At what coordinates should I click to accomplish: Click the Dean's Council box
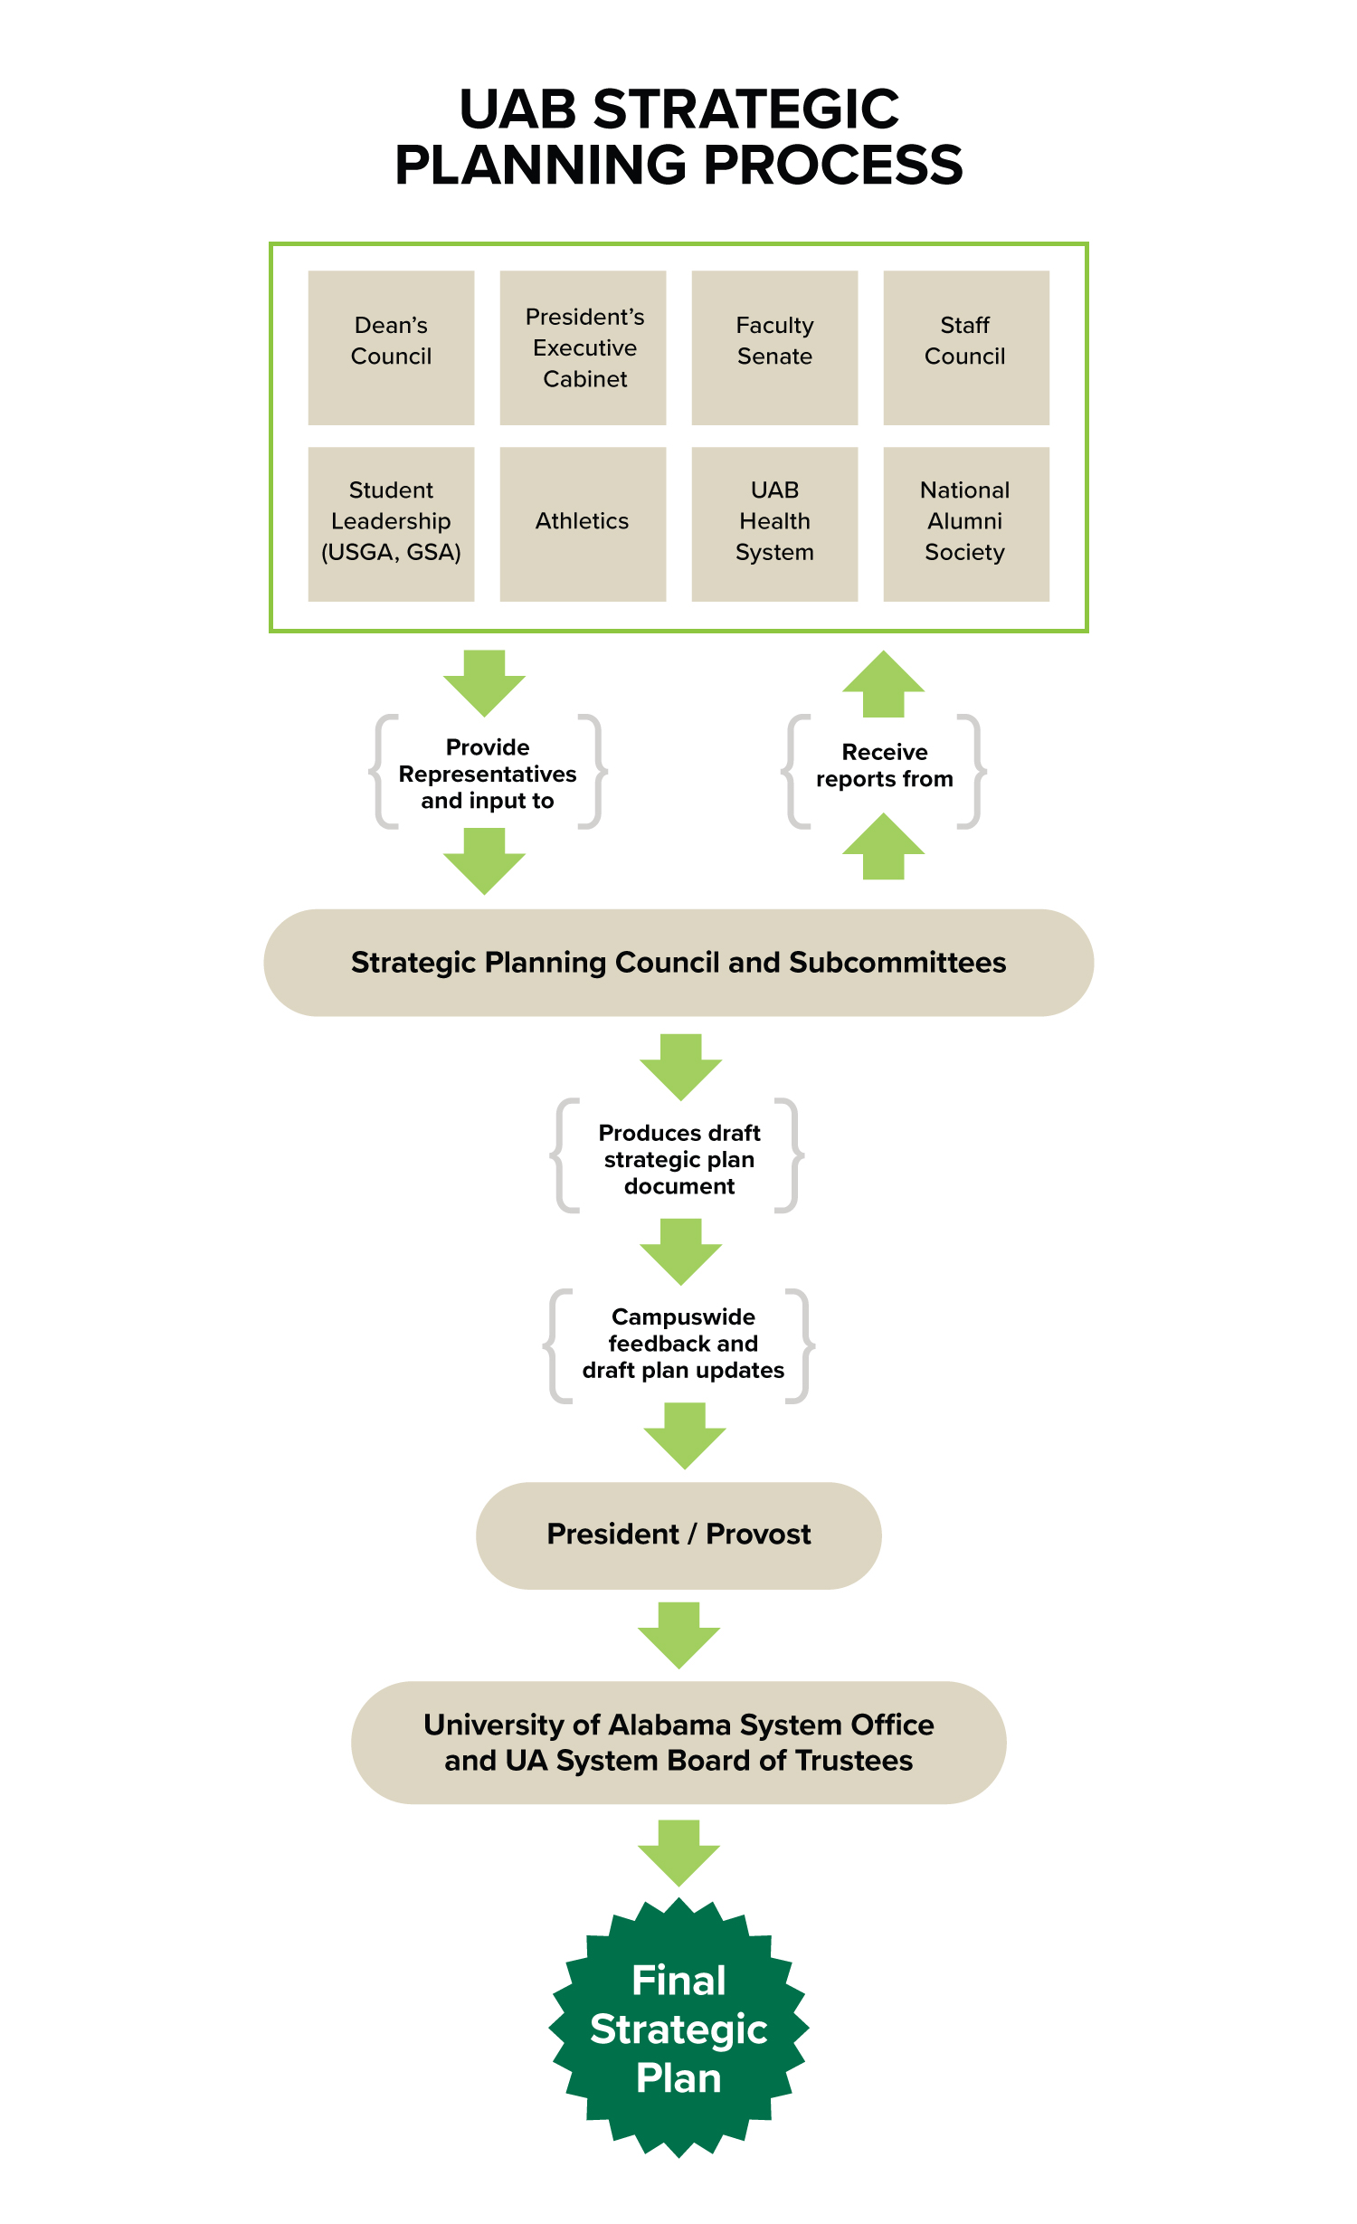pyautogui.click(x=391, y=347)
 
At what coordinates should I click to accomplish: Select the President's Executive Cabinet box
pyautogui.click(x=583, y=347)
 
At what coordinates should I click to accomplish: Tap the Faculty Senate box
pyautogui.click(x=774, y=347)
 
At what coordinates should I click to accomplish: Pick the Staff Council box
pyautogui.click(x=965, y=347)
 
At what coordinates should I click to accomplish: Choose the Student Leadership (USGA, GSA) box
pyautogui.click(x=391, y=523)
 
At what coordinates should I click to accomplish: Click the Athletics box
pyautogui.click(x=583, y=523)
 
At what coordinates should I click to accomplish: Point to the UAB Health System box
pyautogui.click(x=774, y=523)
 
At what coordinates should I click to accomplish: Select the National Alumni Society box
pyautogui.click(x=965, y=523)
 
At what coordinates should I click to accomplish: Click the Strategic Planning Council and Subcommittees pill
pyautogui.click(x=678, y=963)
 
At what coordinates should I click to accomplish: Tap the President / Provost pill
pyautogui.click(x=678, y=1535)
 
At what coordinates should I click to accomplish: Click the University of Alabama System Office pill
pyautogui.click(x=678, y=1743)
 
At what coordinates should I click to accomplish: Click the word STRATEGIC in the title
pyautogui.click(x=745, y=109)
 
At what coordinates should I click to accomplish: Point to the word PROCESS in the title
pyautogui.click(x=832, y=166)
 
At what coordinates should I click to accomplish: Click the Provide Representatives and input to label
pyautogui.click(x=488, y=774)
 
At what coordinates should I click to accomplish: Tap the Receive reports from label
pyautogui.click(x=884, y=765)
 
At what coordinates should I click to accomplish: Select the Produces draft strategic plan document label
pyautogui.click(x=678, y=1159)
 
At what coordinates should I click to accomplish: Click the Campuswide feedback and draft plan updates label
pyautogui.click(x=683, y=1344)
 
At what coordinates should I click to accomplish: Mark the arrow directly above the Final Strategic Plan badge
pyautogui.click(x=678, y=1851)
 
